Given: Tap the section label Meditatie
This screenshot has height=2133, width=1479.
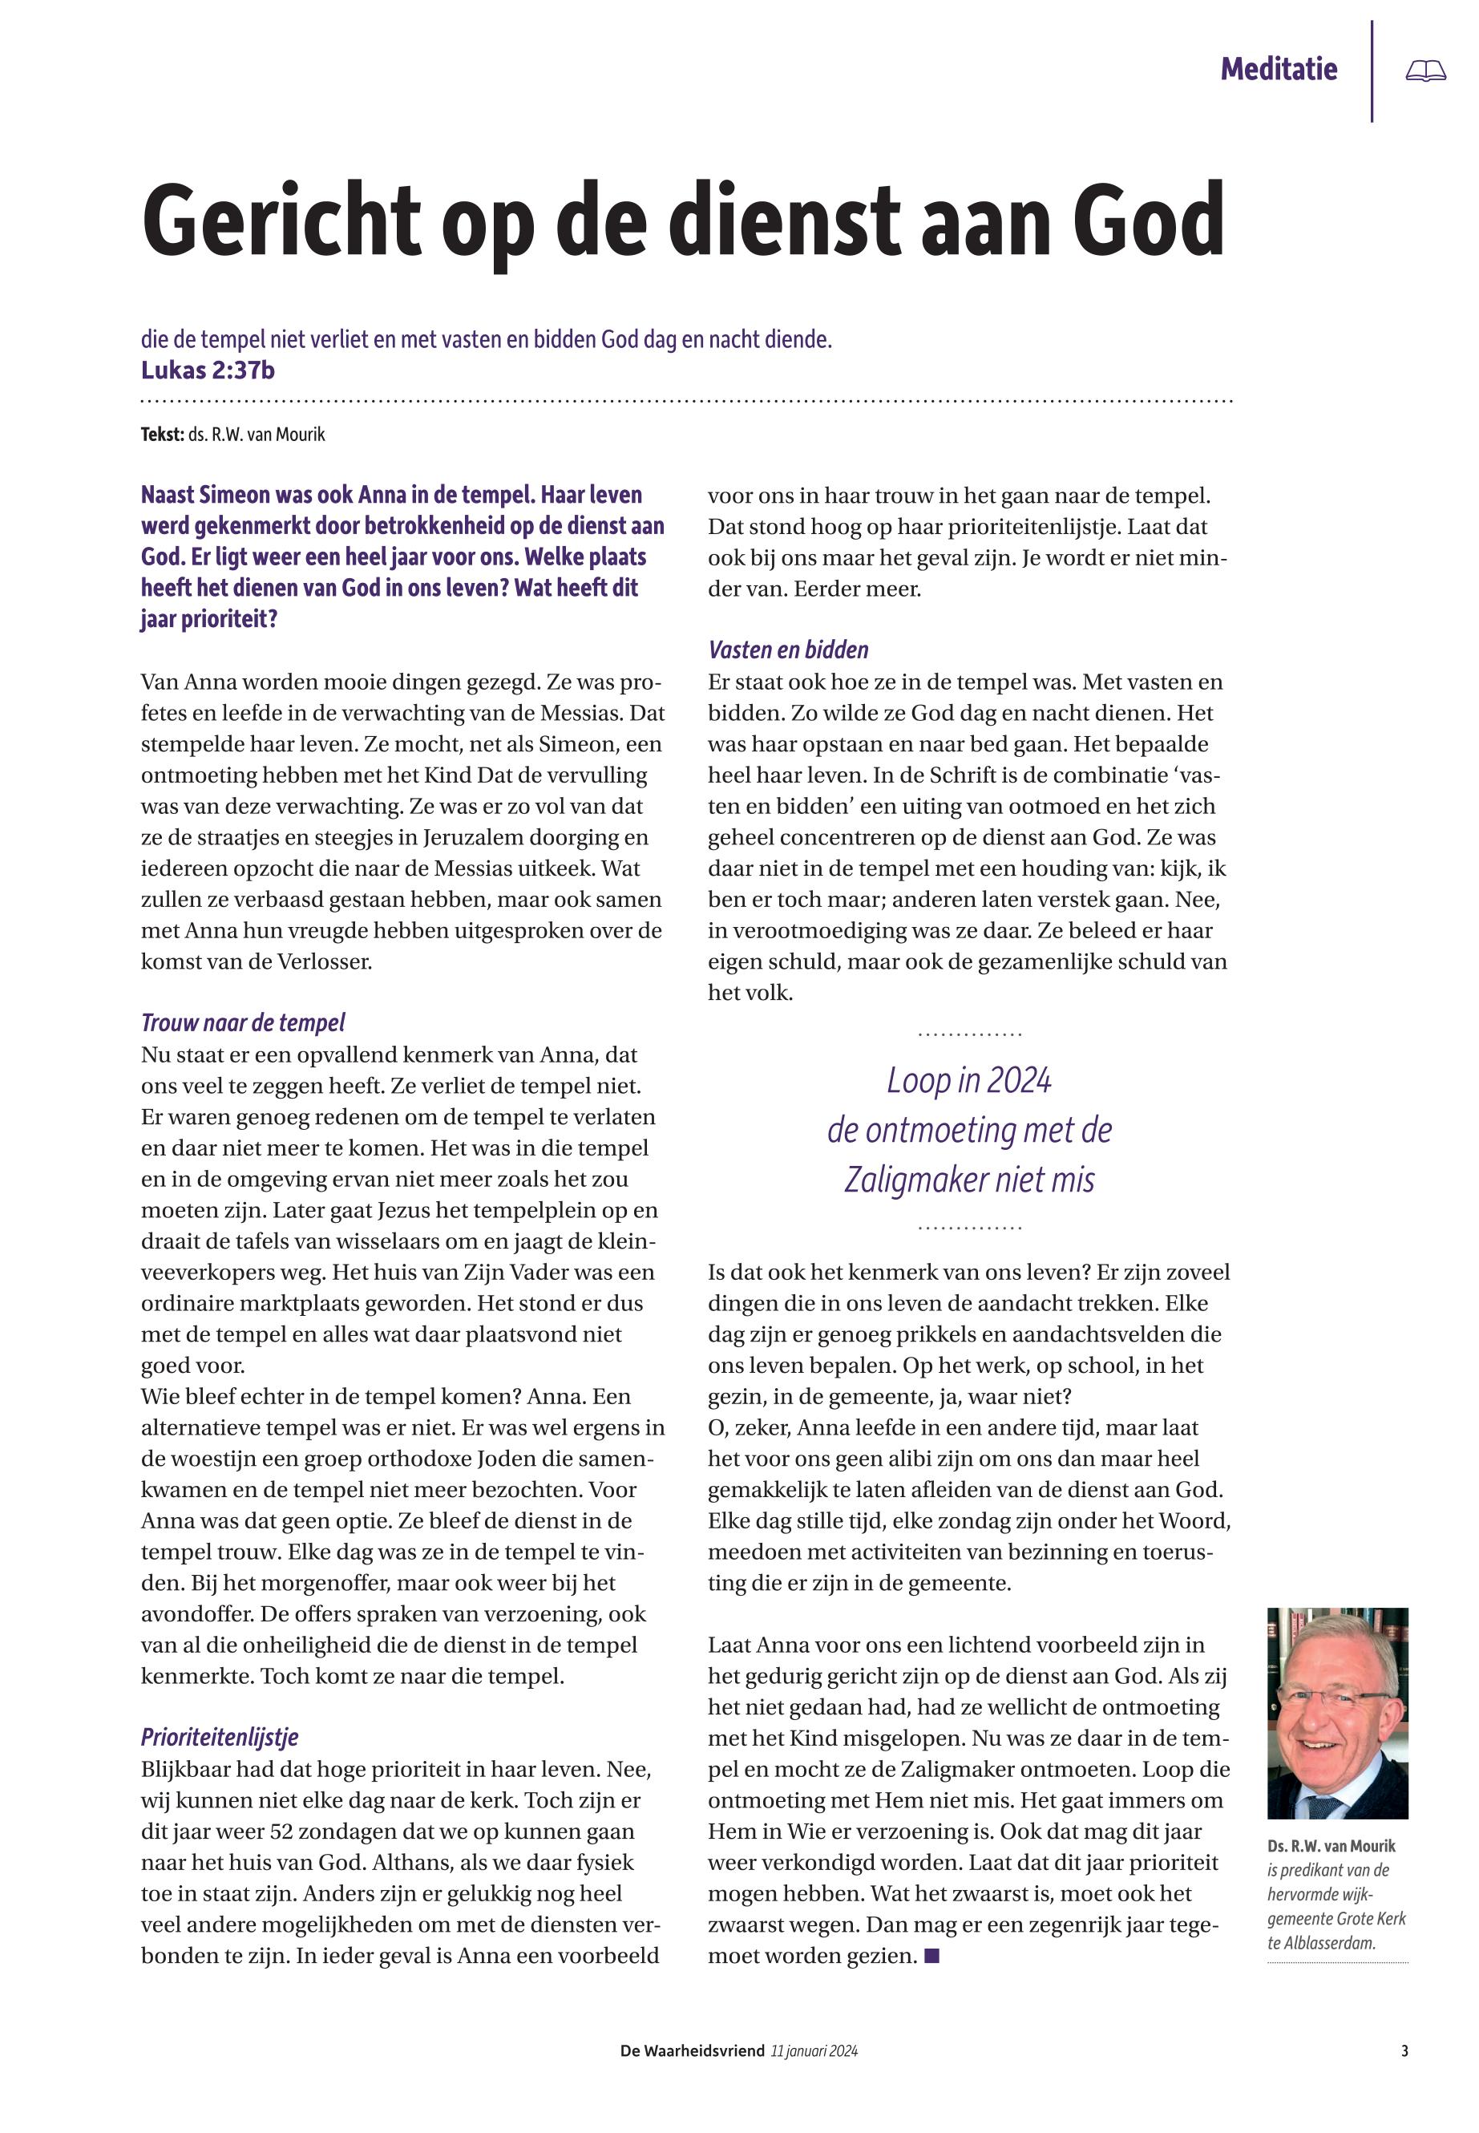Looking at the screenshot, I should pyautogui.click(x=1278, y=70).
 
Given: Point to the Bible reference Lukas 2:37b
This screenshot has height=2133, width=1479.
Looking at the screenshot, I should pyautogui.click(x=208, y=370).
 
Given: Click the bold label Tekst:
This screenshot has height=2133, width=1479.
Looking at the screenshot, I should pyautogui.click(x=162, y=434).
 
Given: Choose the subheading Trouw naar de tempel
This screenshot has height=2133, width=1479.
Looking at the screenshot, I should pyautogui.click(x=243, y=1022).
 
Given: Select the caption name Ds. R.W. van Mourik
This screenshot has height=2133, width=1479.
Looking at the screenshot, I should pyautogui.click(x=1331, y=1846).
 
